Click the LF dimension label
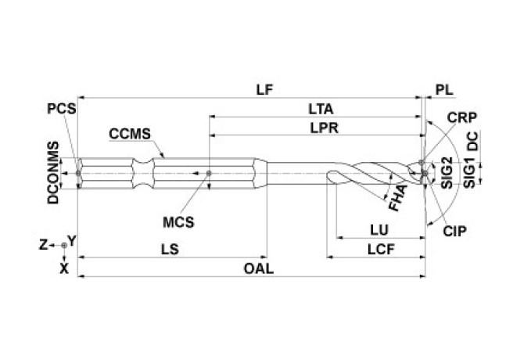pyautogui.click(x=265, y=89)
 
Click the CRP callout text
pyautogui.click(x=462, y=117)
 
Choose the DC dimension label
pyautogui.click(x=471, y=144)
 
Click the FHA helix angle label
pyautogui.click(x=397, y=200)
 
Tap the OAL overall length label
pyautogui.click(x=258, y=268)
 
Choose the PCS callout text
pyautogui.click(x=61, y=109)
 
